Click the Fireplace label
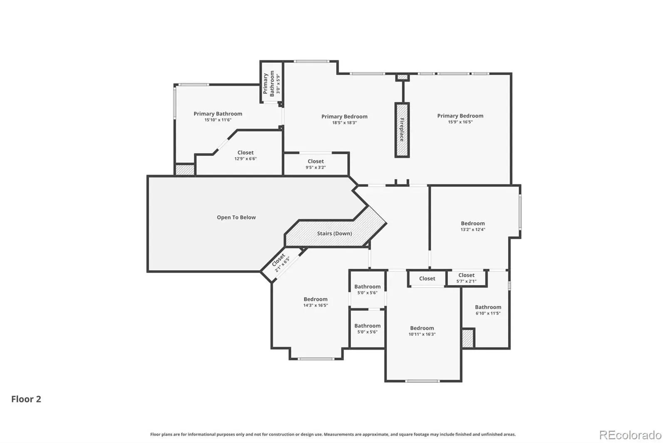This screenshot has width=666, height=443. coord(402,130)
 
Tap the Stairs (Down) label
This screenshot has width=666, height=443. coord(335,234)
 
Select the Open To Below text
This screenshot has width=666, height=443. coord(236,217)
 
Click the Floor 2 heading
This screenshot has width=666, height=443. coord(26,399)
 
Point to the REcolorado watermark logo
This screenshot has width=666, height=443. coord(630,435)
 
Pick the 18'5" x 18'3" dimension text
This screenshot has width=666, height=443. coord(344,123)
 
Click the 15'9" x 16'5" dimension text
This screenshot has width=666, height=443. coord(460,122)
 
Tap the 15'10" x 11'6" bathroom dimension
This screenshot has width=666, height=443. coord(218,120)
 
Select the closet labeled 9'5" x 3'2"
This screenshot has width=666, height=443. coord(316,164)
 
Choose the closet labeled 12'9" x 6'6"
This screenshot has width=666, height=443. coord(245,155)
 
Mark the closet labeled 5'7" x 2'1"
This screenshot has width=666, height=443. coord(466,278)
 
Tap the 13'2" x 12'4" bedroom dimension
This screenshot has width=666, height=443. coord(473,229)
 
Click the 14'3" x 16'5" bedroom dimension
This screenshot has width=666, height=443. coord(316,305)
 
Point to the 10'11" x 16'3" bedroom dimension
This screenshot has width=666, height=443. coord(422,335)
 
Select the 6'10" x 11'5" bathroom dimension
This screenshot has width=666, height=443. coord(488,313)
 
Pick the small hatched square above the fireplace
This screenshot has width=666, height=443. coord(402,77)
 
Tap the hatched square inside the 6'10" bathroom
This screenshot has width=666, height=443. coord(468,338)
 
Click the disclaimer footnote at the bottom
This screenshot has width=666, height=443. coord(333,434)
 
